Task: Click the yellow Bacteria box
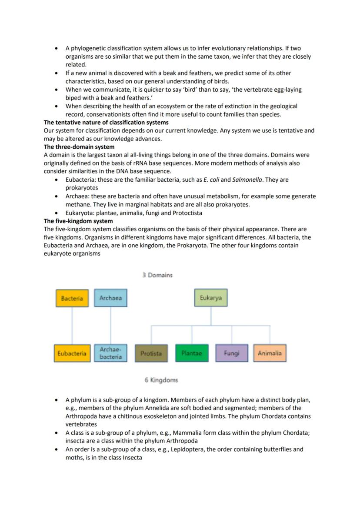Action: (x=72, y=298)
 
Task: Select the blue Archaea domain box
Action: (x=110, y=298)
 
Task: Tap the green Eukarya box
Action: (x=210, y=298)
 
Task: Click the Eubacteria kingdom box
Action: (x=72, y=353)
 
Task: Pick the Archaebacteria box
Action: (x=110, y=353)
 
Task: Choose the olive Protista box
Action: (x=151, y=353)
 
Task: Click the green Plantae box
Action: (x=191, y=353)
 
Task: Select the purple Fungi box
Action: (x=231, y=353)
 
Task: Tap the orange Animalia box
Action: (x=270, y=353)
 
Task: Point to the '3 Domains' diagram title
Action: (x=157, y=275)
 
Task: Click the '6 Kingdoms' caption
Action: (x=161, y=380)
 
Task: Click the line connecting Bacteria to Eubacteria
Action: (x=72, y=326)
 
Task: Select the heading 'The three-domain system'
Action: (x=79, y=147)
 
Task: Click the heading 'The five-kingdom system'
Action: (x=78, y=221)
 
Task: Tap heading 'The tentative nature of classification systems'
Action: (x=106, y=123)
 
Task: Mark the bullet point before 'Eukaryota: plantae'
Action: (x=57, y=213)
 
